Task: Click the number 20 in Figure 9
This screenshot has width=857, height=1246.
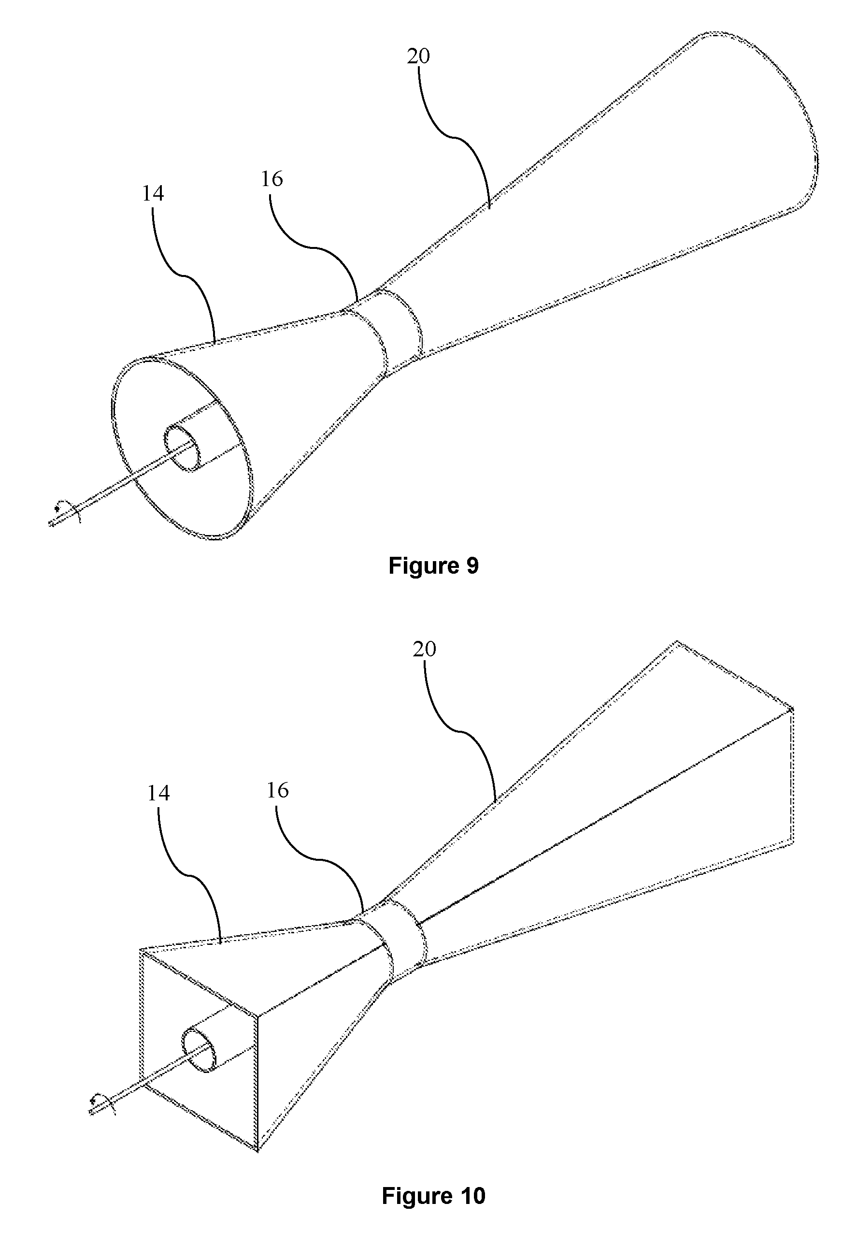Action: click(x=418, y=57)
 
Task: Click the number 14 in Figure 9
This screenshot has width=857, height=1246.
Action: click(x=153, y=193)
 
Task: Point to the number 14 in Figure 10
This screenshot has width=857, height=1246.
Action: click(x=158, y=793)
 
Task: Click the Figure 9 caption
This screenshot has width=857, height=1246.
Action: click(x=433, y=565)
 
